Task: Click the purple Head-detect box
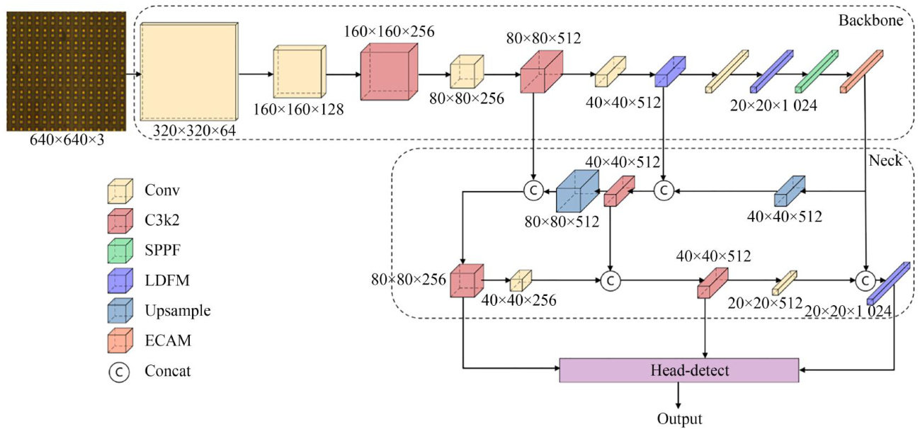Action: coord(678,370)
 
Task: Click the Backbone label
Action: coord(870,21)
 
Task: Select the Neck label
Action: coord(885,161)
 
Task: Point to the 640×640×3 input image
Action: coord(66,71)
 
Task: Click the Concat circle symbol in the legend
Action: coord(119,371)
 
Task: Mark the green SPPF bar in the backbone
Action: coord(817,71)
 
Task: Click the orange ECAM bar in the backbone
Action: coord(862,71)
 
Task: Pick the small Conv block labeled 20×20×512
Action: coord(784,282)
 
